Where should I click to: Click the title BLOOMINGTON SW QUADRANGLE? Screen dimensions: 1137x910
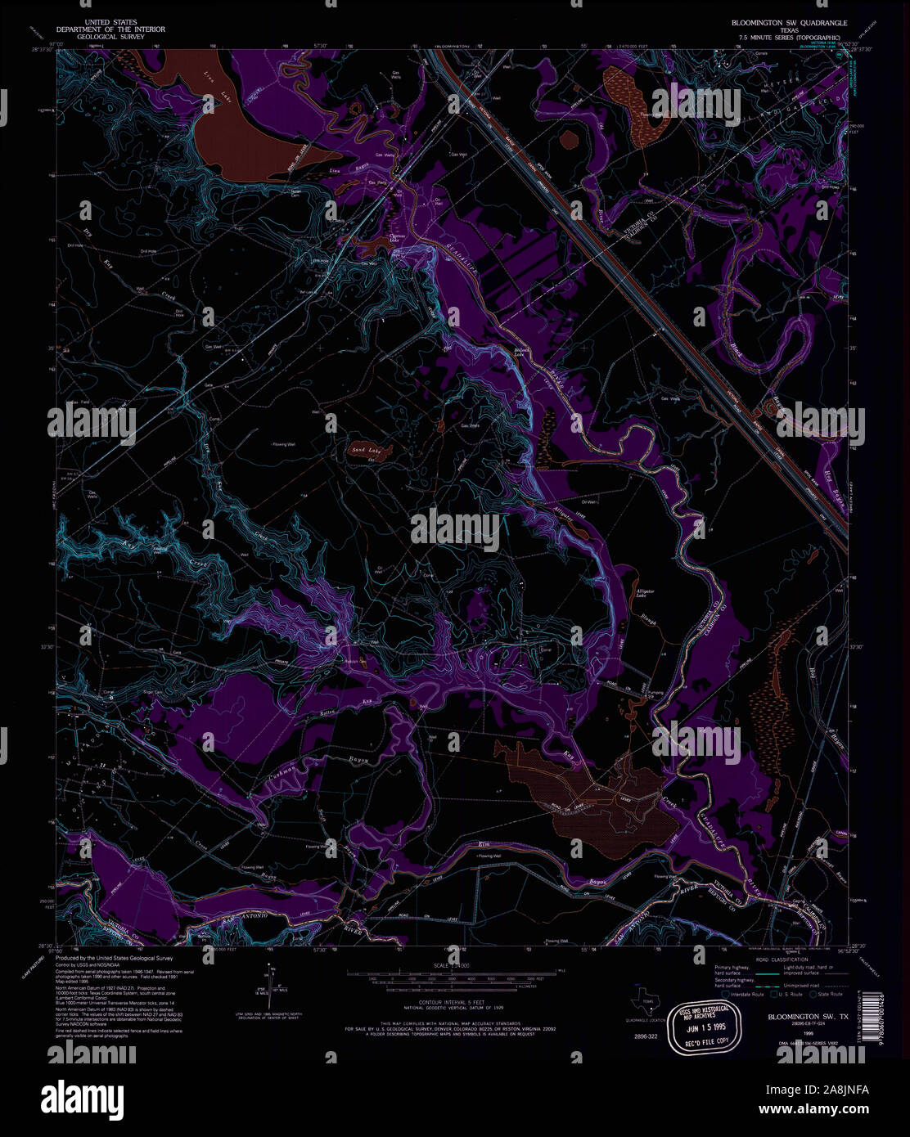[x=789, y=24]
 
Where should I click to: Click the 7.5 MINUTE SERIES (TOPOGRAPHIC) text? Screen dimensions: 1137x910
[x=789, y=38]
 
